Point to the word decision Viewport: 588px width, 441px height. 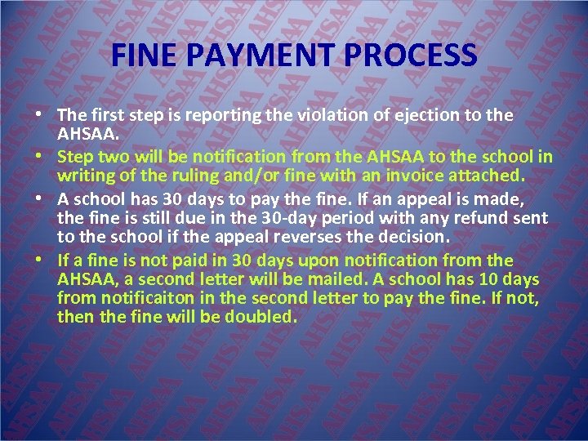tap(410, 238)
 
